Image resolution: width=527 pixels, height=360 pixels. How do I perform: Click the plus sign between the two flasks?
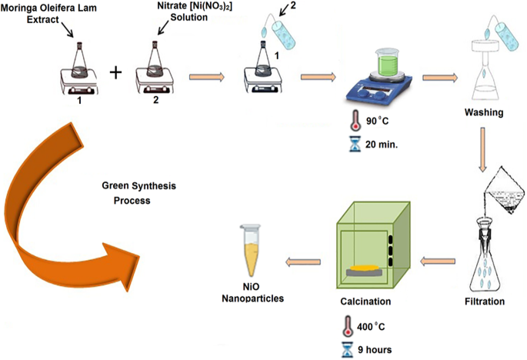click(116, 73)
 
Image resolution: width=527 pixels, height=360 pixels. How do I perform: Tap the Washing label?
click(483, 113)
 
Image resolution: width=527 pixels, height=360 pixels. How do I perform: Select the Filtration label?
click(484, 302)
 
